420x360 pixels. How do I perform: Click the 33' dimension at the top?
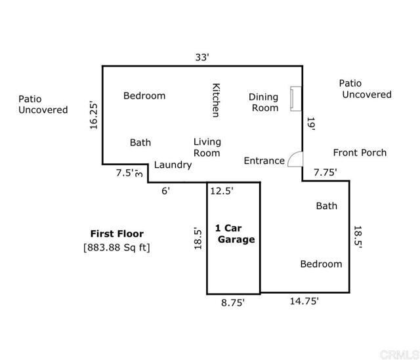pos(202,57)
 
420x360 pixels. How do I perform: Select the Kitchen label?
pos(215,100)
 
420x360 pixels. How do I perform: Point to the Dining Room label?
pos(263,102)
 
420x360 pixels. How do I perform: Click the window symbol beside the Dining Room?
pos(296,98)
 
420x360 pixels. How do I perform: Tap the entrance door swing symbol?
pos(295,159)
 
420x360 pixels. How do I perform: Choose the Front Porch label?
pos(360,153)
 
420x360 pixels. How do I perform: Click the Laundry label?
pos(173,165)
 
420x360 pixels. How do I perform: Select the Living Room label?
pos(207,148)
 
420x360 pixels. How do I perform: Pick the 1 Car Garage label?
pos(234,234)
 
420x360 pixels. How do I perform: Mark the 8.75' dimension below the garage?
pos(232,303)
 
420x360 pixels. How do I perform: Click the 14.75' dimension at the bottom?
pos(304,301)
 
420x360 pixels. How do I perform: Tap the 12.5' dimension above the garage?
pos(222,191)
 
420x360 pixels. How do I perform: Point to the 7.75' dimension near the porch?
pos(325,172)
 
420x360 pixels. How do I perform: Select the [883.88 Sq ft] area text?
pos(117,247)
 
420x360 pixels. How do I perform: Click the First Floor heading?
pos(117,233)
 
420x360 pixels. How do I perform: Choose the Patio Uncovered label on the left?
pos(43,104)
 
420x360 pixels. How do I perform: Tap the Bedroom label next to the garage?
pos(321,264)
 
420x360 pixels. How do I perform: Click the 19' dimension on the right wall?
pos(311,124)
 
